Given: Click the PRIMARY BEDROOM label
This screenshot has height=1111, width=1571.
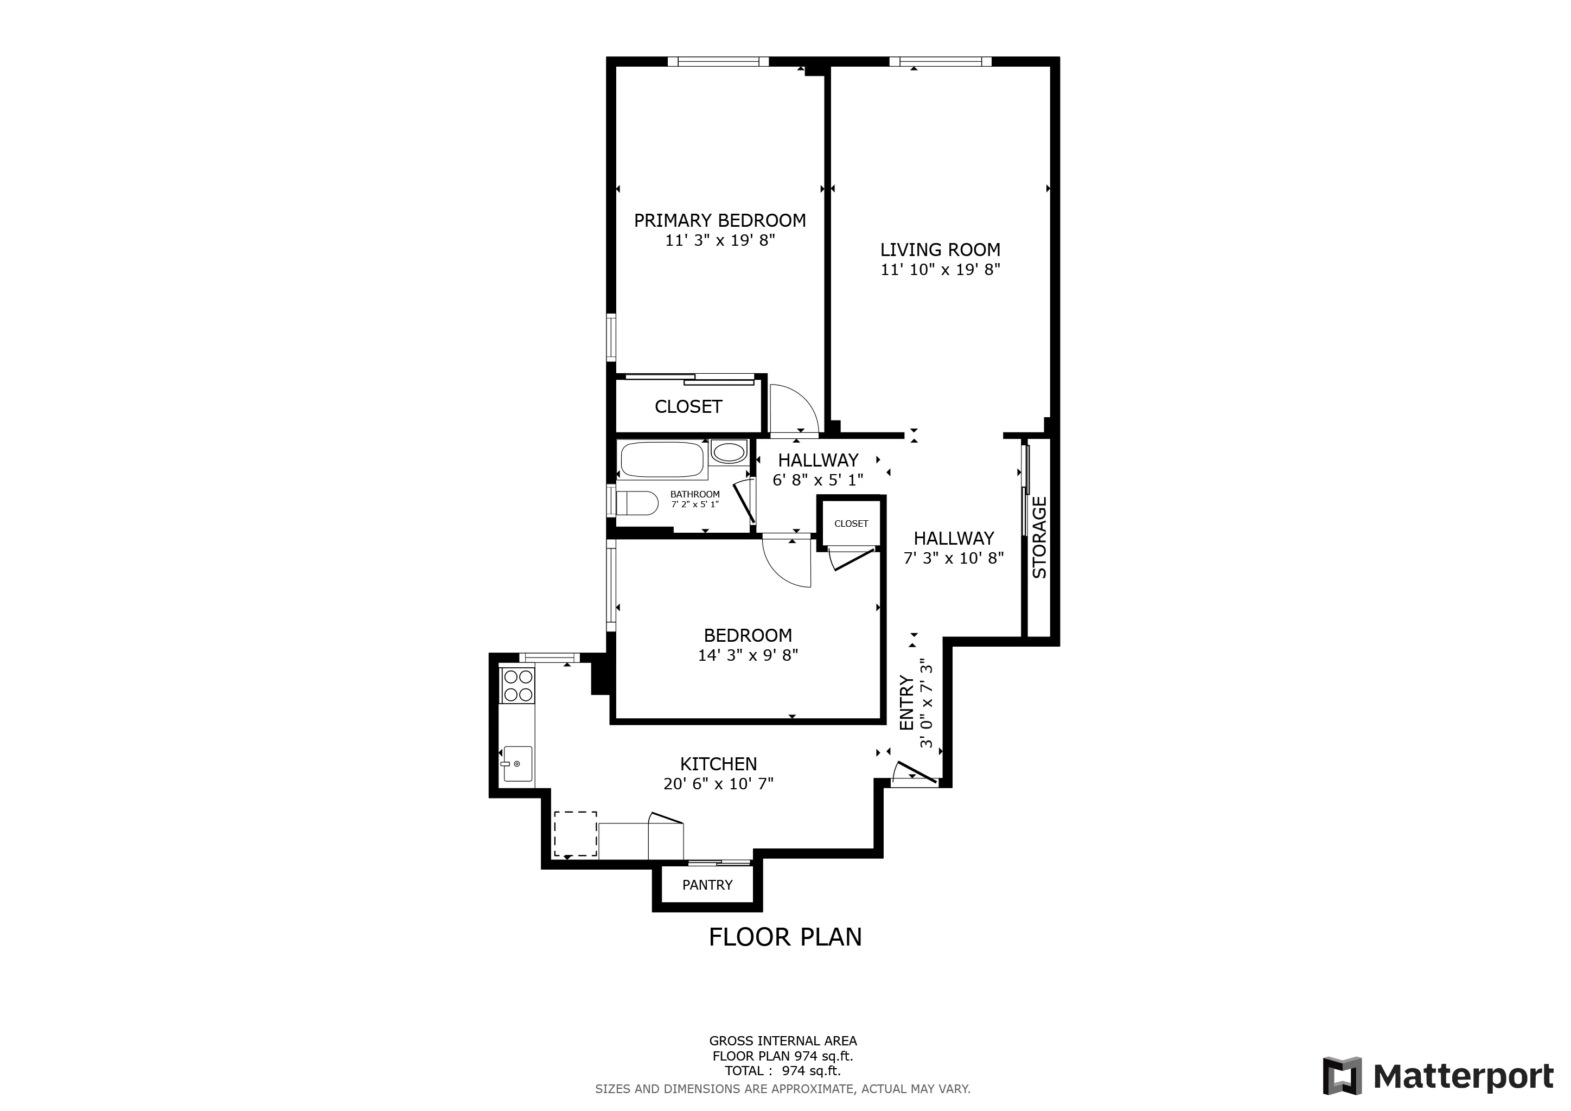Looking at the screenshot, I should click(719, 220).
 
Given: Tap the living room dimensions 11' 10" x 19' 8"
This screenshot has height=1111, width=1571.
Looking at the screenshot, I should click(940, 270).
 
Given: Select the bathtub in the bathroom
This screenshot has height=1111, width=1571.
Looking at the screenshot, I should click(661, 459).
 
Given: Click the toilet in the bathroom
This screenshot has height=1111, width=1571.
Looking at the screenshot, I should click(636, 503).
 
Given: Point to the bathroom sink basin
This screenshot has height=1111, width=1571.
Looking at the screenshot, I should click(729, 452).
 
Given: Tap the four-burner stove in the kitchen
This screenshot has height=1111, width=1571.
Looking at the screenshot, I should click(518, 686).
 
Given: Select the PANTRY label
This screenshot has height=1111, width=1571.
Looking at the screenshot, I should click(707, 885).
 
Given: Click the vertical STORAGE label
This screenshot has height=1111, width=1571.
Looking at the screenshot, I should click(1039, 538).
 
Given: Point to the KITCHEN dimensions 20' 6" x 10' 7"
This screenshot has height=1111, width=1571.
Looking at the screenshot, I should click(718, 783).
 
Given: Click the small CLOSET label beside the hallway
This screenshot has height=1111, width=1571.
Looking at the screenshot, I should click(851, 523).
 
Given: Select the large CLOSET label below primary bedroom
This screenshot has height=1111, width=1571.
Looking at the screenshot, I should click(688, 406).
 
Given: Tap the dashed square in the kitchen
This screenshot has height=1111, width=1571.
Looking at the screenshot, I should click(575, 833).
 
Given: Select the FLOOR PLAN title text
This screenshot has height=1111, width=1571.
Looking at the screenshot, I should click(785, 936).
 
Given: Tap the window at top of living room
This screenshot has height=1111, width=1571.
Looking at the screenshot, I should click(940, 61).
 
